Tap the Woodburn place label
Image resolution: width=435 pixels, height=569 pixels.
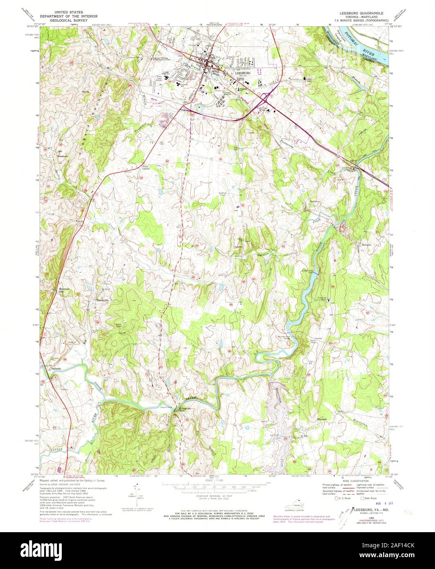62,156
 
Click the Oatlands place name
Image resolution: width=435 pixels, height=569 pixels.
55,369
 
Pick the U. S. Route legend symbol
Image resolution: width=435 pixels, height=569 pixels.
336,498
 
